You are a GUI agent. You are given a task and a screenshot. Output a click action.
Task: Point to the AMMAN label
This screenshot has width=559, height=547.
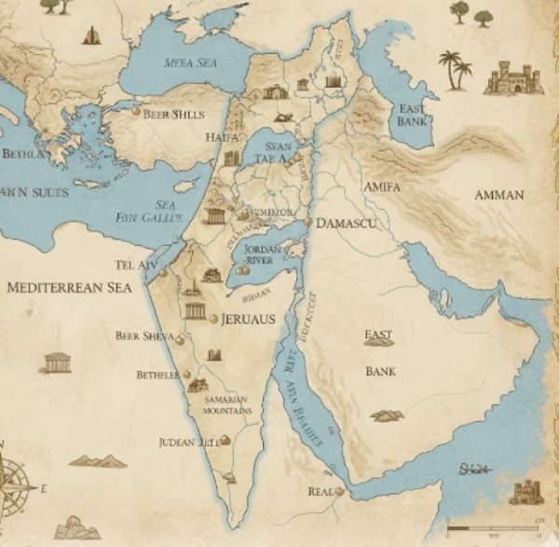pos(498,196)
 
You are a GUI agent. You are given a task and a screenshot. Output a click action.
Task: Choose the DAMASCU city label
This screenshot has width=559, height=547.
pos(346,224)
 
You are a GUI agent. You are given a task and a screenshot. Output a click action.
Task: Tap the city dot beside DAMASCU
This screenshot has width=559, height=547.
pos(308,223)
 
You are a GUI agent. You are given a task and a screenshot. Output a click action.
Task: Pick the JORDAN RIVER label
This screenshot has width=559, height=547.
pos(260,254)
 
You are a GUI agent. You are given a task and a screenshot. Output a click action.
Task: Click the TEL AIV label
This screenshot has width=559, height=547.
pos(136,265)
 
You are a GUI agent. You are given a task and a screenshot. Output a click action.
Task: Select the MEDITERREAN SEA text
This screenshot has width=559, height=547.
pos(69,288)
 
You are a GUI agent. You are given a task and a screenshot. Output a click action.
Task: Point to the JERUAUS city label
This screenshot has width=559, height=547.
pos(249,319)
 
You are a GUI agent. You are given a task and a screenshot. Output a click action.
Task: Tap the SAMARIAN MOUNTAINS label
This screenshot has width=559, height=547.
pos(227,404)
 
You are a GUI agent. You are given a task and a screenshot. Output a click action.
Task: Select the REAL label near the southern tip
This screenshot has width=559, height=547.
pos(320,491)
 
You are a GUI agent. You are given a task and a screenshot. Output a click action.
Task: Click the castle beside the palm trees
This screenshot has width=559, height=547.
pos(512,77)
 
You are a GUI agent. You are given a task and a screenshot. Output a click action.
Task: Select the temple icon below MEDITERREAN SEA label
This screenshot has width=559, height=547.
pos(57,362)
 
